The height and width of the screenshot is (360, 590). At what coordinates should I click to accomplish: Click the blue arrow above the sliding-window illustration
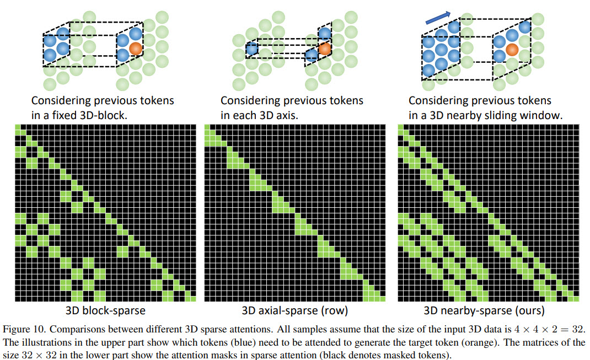438,18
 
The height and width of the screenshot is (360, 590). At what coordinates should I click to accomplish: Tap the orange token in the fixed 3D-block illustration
136,49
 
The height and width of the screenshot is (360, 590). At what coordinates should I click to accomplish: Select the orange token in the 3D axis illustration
324,49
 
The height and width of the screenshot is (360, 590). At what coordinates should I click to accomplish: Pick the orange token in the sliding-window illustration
512,49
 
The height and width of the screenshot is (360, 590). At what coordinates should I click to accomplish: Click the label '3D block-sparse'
105,311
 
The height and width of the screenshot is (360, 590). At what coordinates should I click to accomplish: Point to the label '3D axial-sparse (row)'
294,311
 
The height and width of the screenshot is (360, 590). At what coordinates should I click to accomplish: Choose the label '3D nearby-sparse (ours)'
484,311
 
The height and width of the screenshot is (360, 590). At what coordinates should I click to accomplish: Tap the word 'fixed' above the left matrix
63,115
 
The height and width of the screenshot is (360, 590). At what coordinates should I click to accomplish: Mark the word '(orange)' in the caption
484,343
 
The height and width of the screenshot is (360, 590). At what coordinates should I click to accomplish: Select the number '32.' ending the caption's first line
579,330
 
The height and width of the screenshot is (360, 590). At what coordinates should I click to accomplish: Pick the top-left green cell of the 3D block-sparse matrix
18,127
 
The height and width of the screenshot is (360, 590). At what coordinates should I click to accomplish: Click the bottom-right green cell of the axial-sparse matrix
382,299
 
